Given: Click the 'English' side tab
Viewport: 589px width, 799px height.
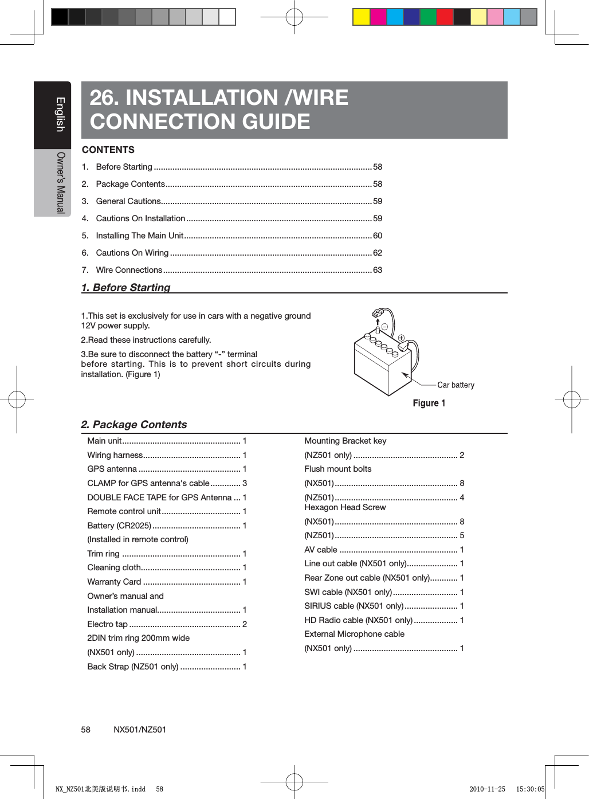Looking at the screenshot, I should [x=60, y=115].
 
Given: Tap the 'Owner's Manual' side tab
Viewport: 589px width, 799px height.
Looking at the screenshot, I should [x=60, y=182].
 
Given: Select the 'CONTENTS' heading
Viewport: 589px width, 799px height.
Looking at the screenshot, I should [x=108, y=150].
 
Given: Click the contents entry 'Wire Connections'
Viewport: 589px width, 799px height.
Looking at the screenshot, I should [x=129, y=270].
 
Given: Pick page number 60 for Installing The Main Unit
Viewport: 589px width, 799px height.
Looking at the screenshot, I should [x=378, y=236].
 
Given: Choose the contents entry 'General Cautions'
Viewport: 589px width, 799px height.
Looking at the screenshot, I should [x=128, y=201].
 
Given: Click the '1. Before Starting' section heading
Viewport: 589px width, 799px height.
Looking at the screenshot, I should [x=126, y=287].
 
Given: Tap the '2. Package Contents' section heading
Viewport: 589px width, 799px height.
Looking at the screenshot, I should [x=134, y=424].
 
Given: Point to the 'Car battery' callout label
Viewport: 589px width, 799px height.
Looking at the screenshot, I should [x=456, y=385].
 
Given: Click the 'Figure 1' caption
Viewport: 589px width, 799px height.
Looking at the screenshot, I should [x=429, y=403].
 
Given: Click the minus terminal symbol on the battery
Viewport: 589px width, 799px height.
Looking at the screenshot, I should [x=384, y=327].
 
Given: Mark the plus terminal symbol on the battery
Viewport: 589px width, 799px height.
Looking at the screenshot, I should [x=402, y=338].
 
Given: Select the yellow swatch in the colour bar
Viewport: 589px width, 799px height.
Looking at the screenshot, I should [x=361, y=17].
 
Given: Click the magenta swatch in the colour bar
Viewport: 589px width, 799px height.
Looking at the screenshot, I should [x=378, y=17].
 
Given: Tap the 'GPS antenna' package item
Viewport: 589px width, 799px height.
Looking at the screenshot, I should [x=112, y=469].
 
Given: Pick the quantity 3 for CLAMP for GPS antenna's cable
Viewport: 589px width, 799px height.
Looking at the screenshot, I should [x=245, y=483].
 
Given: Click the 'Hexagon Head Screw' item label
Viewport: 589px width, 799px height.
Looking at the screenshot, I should [x=345, y=507].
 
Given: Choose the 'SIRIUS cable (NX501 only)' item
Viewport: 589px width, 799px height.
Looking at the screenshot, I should [x=354, y=606].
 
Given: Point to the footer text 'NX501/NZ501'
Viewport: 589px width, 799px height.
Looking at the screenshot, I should [x=140, y=730].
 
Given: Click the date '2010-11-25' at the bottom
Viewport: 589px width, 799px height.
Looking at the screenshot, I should [x=487, y=789].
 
